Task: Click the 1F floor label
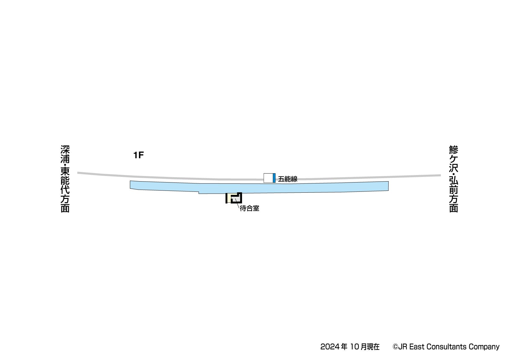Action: pyautogui.click(x=138, y=155)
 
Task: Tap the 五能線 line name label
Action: pyautogui.click(x=288, y=179)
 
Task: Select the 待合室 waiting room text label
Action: pyautogui.click(x=250, y=208)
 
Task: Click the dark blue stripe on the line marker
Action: pyautogui.click(x=274, y=178)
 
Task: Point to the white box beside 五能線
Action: pyautogui.click(x=268, y=178)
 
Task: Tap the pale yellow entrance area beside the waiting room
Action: pyautogui.click(x=229, y=198)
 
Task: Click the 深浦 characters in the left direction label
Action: pyautogui.click(x=65, y=154)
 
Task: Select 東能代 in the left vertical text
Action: pyautogui.click(x=65, y=181)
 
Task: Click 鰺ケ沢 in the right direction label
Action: pyautogui.click(x=454, y=159)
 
